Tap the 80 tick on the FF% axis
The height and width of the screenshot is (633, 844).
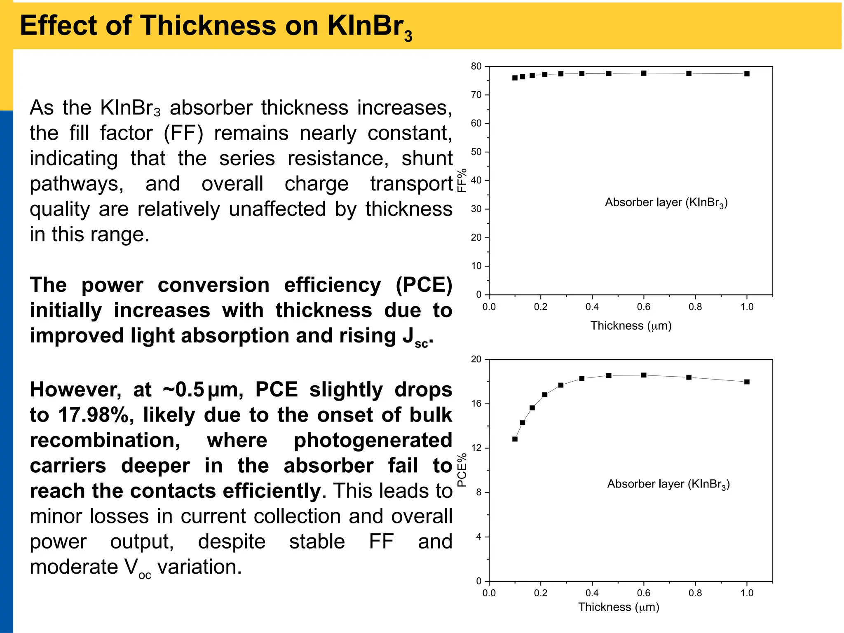[x=476, y=66]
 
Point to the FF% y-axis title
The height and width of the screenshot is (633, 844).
[x=462, y=180]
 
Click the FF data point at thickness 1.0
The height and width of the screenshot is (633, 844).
[x=747, y=74]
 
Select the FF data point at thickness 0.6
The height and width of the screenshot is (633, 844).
[x=644, y=73]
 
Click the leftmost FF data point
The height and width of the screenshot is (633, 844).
[x=515, y=78]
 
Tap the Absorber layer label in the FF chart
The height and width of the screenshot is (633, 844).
[x=666, y=203]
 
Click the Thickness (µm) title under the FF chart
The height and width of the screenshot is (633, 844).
[x=631, y=326]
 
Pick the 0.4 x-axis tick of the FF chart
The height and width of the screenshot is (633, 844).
[x=592, y=307]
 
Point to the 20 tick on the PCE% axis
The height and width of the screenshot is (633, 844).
[x=476, y=359]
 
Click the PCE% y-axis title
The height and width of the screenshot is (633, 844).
[x=462, y=470]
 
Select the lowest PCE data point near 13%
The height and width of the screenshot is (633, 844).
[x=515, y=439]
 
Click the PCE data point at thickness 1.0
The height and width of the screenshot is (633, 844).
[x=747, y=382]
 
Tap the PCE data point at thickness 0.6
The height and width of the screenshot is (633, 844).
[x=644, y=375]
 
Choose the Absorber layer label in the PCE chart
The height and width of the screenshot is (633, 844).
[x=668, y=484]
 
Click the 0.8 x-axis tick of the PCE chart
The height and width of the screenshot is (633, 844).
[x=695, y=593]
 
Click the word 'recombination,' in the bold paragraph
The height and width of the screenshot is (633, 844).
[x=105, y=441]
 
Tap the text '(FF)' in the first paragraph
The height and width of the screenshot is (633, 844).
[x=183, y=134]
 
